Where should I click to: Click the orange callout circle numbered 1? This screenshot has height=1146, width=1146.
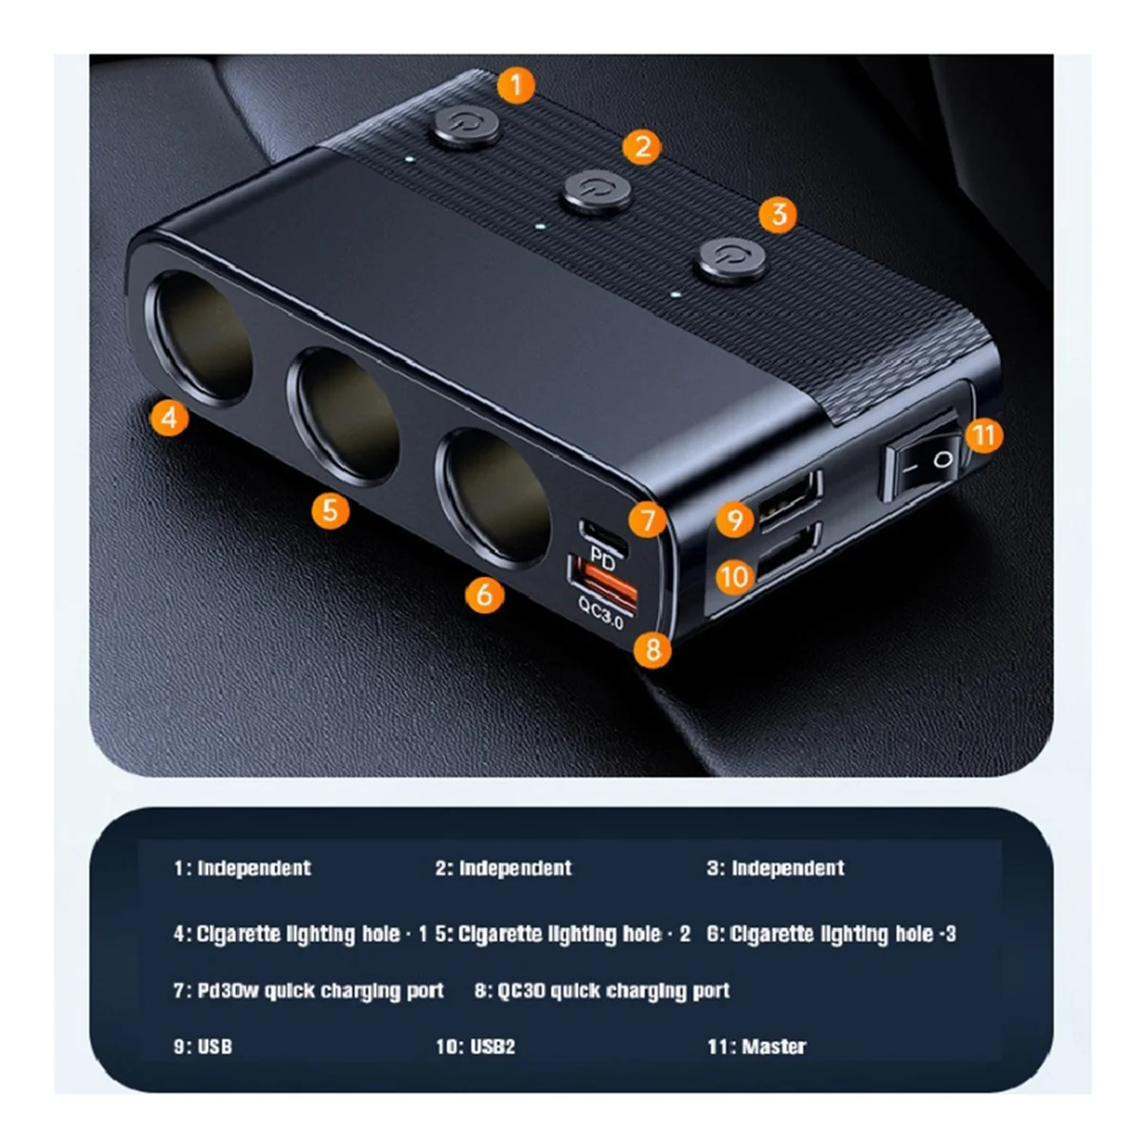(517, 85)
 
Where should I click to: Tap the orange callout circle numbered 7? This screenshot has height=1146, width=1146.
(648, 520)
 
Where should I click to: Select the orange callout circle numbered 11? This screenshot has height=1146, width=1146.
(985, 435)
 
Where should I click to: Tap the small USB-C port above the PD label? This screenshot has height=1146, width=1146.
(603, 533)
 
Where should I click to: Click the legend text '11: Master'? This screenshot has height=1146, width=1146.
(756, 1047)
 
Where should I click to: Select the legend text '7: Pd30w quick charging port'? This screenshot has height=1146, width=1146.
(308, 990)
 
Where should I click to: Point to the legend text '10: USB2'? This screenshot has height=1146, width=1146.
(475, 1047)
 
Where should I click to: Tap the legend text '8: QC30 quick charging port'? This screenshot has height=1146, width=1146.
(602, 990)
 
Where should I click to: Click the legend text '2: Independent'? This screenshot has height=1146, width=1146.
(503, 868)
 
